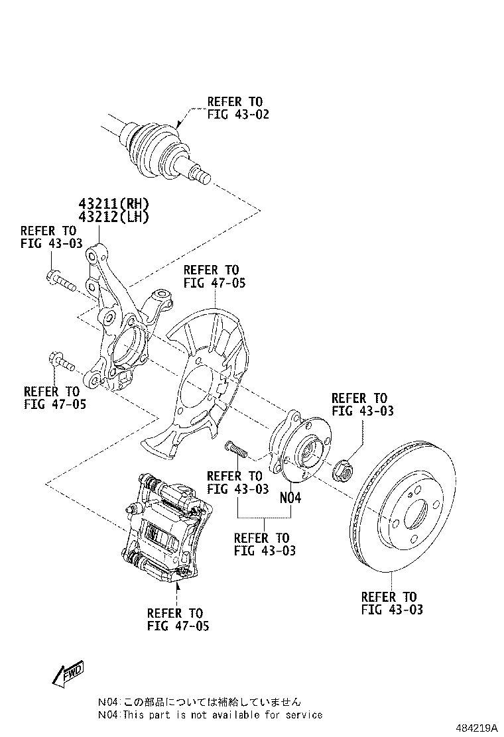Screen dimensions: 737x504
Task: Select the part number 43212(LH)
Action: (113, 217)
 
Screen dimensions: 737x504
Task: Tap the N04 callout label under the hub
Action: (290, 497)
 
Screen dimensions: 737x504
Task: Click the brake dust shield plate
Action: (199, 384)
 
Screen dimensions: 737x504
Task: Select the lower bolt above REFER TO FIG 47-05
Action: (61, 363)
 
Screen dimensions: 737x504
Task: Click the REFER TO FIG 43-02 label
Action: (237, 108)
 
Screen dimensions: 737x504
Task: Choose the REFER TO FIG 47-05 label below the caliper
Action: (178, 619)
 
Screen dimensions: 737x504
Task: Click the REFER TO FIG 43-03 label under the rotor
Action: (391, 603)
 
